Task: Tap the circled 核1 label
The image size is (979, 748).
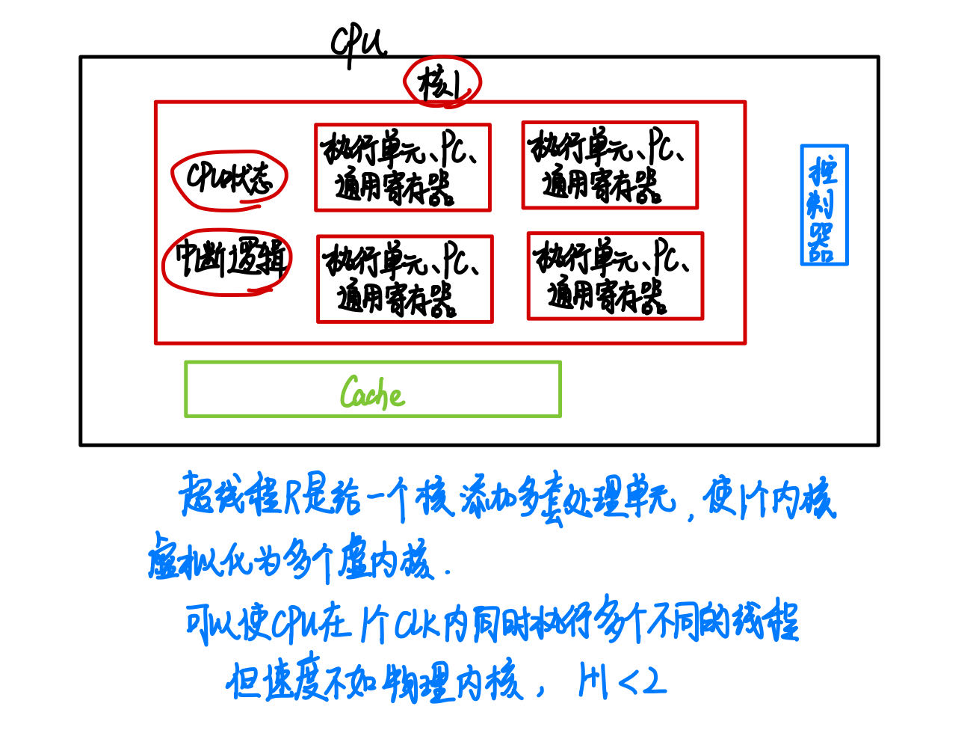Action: point(442,83)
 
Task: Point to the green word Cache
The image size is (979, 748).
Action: point(371,392)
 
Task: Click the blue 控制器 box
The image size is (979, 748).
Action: point(824,205)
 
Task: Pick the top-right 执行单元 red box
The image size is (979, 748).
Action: point(610,165)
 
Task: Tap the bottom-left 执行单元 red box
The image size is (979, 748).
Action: point(405,279)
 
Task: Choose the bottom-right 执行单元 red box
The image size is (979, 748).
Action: point(615,276)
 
